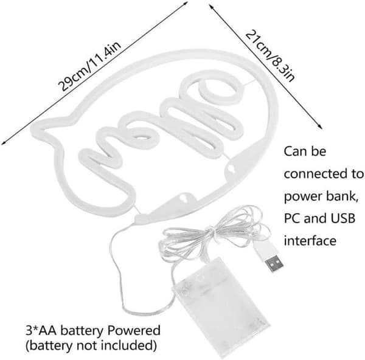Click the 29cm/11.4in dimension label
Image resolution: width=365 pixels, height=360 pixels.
[x=89, y=66]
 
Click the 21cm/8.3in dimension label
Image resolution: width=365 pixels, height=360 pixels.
[x=270, y=56]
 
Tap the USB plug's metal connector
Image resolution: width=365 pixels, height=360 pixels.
[x=275, y=263]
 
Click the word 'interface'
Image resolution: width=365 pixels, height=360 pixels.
[x=310, y=240]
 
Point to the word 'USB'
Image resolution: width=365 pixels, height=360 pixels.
[x=343, y=218]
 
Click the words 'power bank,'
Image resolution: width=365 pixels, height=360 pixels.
[x=321, y=196]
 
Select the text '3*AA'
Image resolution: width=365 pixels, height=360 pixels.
[x=41, y=330]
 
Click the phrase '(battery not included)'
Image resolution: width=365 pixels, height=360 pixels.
[x=91, y=346]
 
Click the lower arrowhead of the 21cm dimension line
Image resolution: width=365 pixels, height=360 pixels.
[x=321, y=127]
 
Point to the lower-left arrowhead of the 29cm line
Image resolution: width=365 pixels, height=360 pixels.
[x=3, y=142]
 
